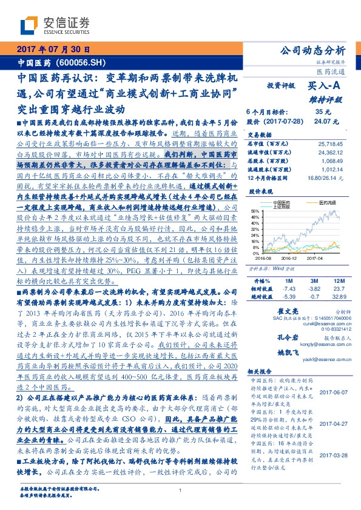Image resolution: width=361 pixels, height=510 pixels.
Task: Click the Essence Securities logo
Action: [x=46, y=25]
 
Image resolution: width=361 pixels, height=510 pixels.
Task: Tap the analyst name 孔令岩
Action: [x=261, y=337]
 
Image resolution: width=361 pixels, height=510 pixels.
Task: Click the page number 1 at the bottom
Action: [x=180, y=491]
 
